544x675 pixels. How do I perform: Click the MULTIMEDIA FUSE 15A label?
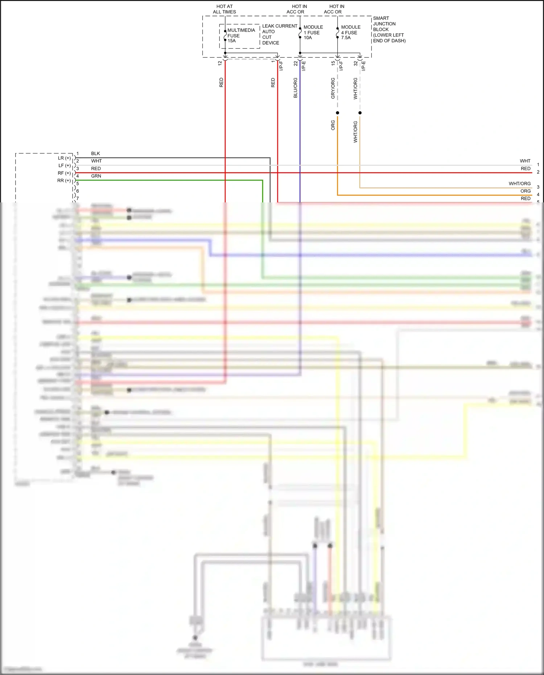(x=241, y=36)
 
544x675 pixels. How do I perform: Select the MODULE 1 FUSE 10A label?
(x=313, y=32)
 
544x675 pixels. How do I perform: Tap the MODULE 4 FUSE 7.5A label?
(x=350, y=32)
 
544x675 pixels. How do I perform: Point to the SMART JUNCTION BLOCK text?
(x=388, y=29)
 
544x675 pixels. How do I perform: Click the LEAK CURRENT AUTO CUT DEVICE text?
(x=279, y=34)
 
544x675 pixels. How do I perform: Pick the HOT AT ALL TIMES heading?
(x=224, y=9)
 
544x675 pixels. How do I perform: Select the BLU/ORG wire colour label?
(x=295, y=88)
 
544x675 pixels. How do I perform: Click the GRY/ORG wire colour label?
(x=333, y=88)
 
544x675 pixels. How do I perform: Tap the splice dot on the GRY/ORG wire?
(x=338, y=113)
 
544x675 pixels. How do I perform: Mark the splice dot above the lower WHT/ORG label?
(x=360, y=113)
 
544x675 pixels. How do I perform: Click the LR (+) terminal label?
(x=64, y=158)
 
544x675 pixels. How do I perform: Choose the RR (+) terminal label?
(x=64, y=181)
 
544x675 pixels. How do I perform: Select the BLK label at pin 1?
(x=95, y=153)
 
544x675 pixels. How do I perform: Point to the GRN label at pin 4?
(x=96, y=176)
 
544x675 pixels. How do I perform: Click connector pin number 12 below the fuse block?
(x=220, y=63)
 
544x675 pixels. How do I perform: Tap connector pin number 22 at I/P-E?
(x=296, y=63)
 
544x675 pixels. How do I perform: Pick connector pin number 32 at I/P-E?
(x=355, y=63)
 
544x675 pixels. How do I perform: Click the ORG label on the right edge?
(x=525, y=191)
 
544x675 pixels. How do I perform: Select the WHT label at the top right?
(x=525, y=161)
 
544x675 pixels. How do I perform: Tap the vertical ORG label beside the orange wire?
(x=333, y=125)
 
